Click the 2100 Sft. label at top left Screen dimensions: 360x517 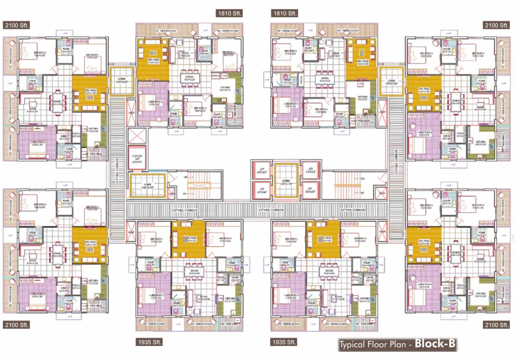pyautogui.click(x=16, y=25)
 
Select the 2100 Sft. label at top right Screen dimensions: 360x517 pyautogui.click(x=497, y=25)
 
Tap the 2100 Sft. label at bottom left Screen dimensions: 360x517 pyautogui.click(x=16, y=325)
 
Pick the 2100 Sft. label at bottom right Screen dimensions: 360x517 pyautogui.click(x=497, y=325)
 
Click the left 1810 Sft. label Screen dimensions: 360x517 pyautogui.click(x=229, y=14)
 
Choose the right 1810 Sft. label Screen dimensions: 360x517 pyautogui.click(x=285, y=14)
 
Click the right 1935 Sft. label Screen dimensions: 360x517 pyautogui.click(x=285, y=342)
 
